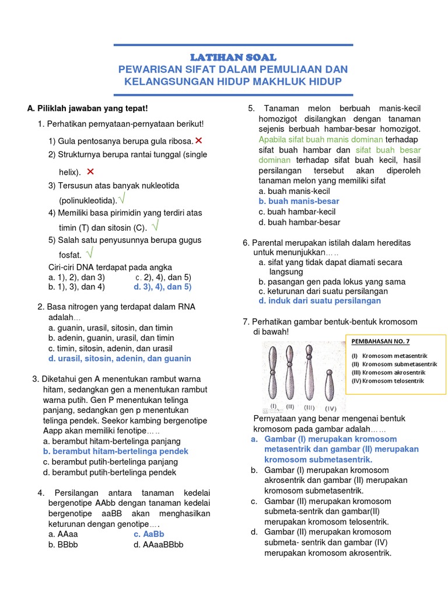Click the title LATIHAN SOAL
[233, 57]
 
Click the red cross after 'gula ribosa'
[199, 141]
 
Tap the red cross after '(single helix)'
[90, 172]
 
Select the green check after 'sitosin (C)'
[156, 226]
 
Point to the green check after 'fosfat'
[89, 253]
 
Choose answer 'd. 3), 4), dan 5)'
[162, 287]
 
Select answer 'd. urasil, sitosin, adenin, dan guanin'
[120, 359]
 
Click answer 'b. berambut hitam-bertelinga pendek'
[116, 451]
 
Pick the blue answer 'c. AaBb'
[149, 534]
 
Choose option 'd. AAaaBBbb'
[158, 544]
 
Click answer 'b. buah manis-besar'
[299, 201]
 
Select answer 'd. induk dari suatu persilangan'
[320, 301]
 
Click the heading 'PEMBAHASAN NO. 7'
[380, 342]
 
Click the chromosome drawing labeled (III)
[309, 374]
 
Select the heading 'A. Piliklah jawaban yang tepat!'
[87, 109]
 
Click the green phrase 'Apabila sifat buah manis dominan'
[320, 140]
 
